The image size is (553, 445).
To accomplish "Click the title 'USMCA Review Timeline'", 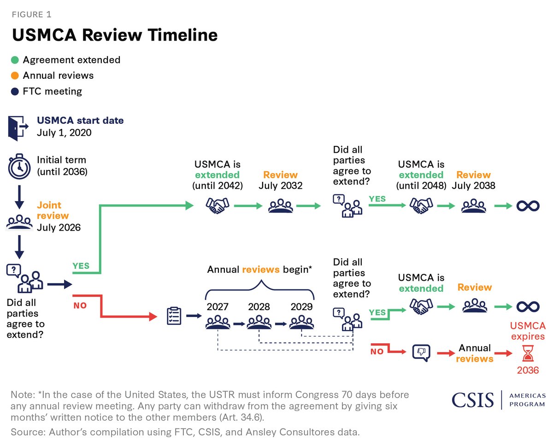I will pos(115,35).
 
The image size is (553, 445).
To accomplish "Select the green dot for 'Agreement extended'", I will pos(15,60).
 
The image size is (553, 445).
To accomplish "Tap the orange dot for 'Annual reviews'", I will pos(15,75).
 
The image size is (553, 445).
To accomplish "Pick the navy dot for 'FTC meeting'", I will pos(15,91).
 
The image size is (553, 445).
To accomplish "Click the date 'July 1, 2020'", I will pos(64,133).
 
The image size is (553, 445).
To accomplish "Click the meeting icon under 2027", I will pos(218,322).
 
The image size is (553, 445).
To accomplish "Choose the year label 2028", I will pos(259,306).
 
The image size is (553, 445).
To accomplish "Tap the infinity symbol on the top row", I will pos(528,206).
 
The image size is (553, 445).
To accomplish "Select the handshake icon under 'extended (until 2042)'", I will pos(217,206).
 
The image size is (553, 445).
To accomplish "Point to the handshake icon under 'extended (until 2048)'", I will pos(421,206).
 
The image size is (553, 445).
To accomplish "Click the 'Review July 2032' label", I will pos(280,180).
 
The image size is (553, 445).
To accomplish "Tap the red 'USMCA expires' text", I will pos(528,331).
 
